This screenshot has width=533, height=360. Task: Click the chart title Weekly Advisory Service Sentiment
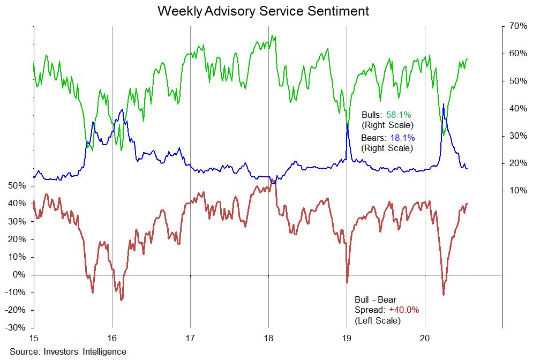263,11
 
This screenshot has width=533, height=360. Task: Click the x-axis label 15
34,339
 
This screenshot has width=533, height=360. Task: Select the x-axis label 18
268,339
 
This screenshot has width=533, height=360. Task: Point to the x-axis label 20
425,339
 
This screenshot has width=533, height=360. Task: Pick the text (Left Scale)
377,320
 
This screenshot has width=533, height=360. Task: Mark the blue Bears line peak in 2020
444,104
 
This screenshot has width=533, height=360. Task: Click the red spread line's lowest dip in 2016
121,300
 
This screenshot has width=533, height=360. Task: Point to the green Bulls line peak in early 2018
273,36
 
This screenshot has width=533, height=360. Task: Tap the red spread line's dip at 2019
347,282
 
